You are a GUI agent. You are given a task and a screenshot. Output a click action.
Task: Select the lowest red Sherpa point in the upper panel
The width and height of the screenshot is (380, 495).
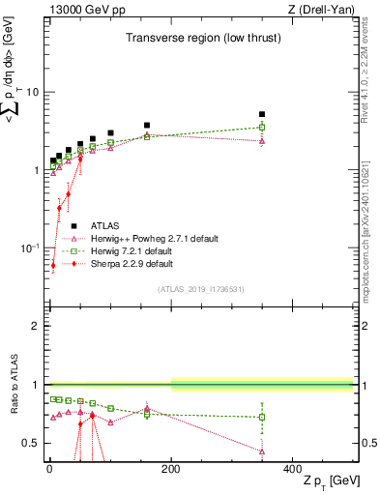pos(53,264)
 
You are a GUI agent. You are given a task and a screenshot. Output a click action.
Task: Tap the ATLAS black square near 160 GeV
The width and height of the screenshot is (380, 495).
pos(147,125)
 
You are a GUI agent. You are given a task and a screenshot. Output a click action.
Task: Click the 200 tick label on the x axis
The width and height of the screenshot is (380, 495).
pos(171,467)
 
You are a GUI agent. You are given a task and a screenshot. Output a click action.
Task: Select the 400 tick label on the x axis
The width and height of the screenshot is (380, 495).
pos(292,467)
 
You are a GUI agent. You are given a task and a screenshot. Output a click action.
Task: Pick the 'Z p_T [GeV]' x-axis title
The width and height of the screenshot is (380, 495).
pos(325,481)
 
